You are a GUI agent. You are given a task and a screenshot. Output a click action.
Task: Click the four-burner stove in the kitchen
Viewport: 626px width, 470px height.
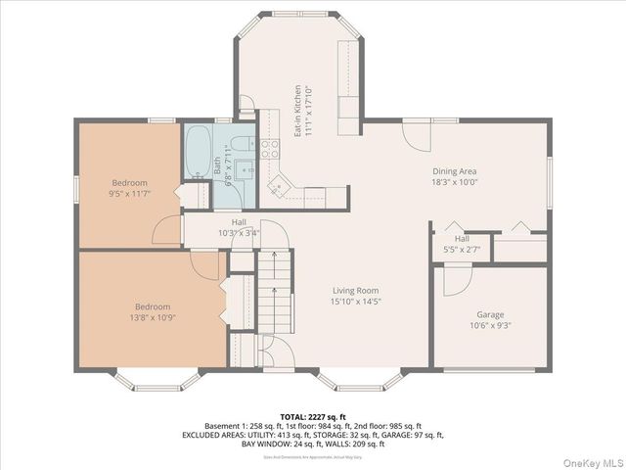pyautogui.click(x=270, y=149)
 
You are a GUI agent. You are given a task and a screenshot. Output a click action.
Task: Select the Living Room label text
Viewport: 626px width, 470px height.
pyautogui.click(x=355, y=290)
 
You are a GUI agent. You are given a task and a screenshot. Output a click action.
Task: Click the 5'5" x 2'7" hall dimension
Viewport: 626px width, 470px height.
pyautogui.click(x=462, y=250)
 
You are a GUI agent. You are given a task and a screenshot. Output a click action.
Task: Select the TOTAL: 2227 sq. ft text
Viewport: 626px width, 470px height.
pyautogui.click(x=313, y=415)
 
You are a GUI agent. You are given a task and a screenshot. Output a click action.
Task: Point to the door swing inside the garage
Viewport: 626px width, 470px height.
pyautogui.click(x=456, y=279)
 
